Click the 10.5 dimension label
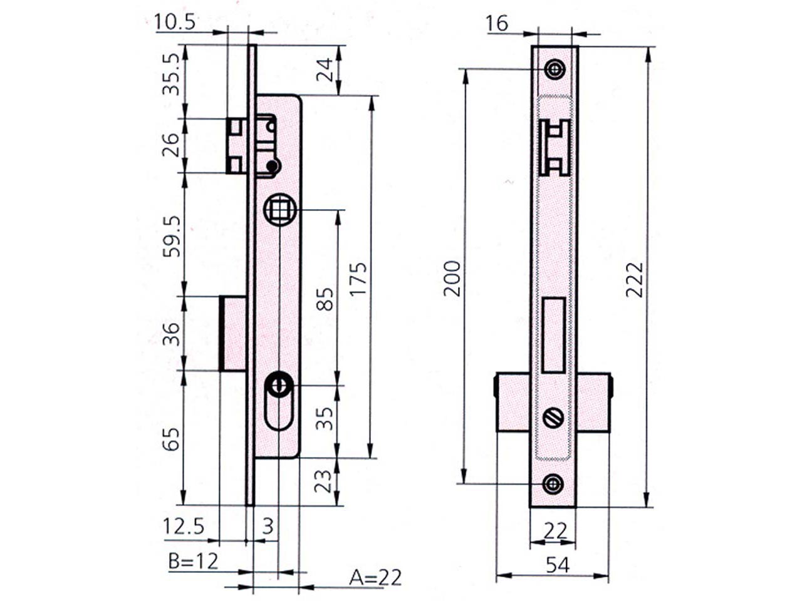[x=175, y=23]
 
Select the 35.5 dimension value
[x=171, y=74]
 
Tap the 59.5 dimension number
[x=171, y=237]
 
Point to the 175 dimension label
[x=358, y=278]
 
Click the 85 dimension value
[x=325, y=299]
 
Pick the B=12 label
[x=193, y=561]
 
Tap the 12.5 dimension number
[x=184, y=527]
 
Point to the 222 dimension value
[x=634, y=280]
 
